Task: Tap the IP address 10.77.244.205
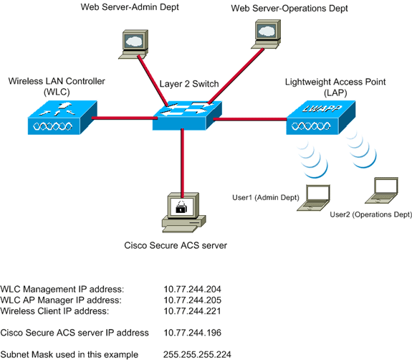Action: pyautogui.click(x=192, y=300)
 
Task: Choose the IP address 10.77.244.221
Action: pyautogui.click(x=192, y=311)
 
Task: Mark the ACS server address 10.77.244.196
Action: pyautogui.click(x=192, y=333)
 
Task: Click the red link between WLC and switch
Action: pyautogui.click(x=121, y=118)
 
